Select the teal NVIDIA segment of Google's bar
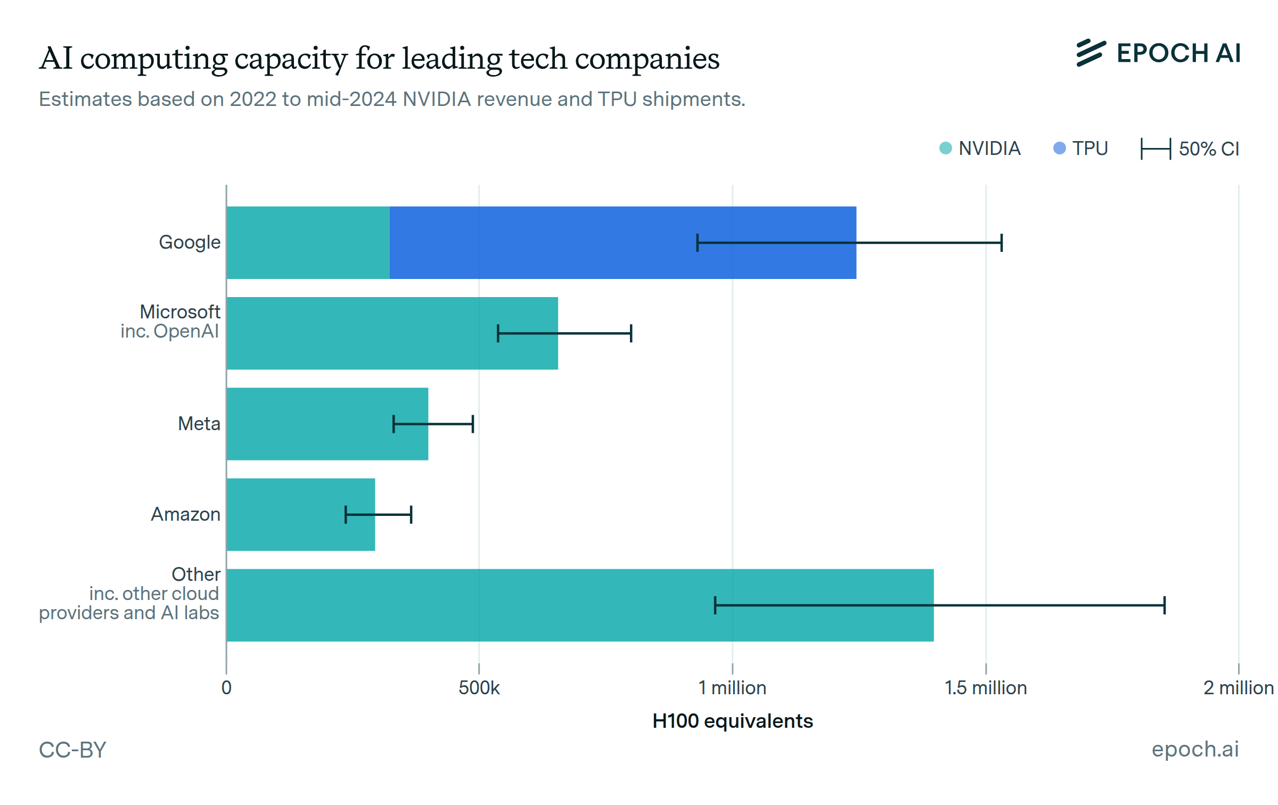308,243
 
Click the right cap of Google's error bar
1002,243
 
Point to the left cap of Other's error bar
715,605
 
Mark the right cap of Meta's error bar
473,424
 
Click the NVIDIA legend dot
946,148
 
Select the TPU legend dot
1060,148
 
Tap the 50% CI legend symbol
1156,149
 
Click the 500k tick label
479,688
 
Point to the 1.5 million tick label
986,688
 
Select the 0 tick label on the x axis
226,688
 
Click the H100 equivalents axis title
733,721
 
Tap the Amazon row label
185,514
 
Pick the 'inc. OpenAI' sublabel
169,331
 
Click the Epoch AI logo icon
1091,53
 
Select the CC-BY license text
73,750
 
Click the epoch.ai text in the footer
1195,749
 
